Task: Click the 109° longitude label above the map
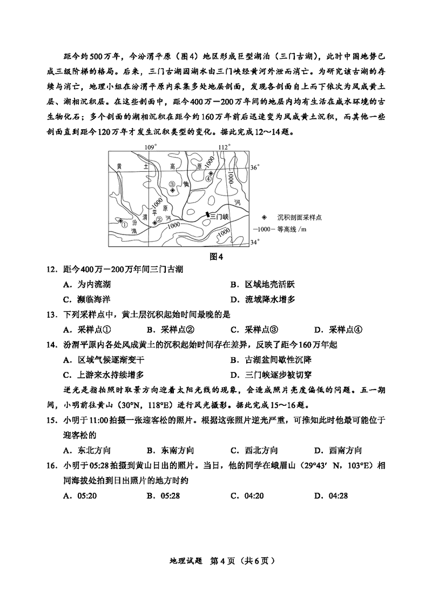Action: pos(150,147)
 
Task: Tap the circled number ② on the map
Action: pos(159,219)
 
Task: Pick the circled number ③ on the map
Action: pos(172,184)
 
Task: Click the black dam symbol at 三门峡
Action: pos(207,216)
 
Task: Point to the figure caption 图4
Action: pos(216,256)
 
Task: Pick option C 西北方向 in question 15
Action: pos(254,450)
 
